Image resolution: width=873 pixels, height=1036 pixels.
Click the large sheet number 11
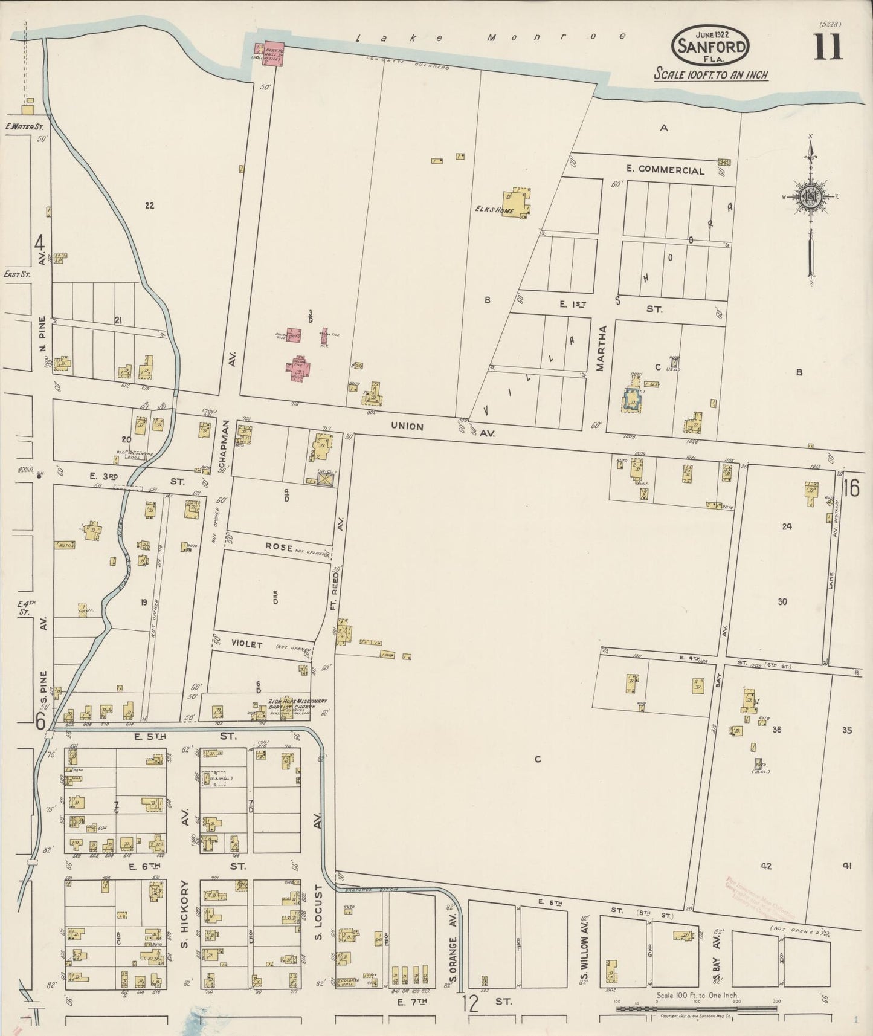point(827,47)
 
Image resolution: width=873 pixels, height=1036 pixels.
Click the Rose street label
point(279,546)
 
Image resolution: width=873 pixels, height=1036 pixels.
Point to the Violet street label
point(247,644)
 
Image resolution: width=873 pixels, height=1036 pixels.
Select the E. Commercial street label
point(665,170)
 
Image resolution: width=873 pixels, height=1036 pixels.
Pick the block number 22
point(149,206)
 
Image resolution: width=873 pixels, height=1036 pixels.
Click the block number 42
point(766,866)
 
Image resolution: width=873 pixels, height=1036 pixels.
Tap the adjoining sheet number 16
point(851,487)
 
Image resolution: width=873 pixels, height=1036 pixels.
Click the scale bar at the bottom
point(695,1008)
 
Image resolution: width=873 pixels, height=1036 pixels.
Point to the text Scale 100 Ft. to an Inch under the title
point(712,75)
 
